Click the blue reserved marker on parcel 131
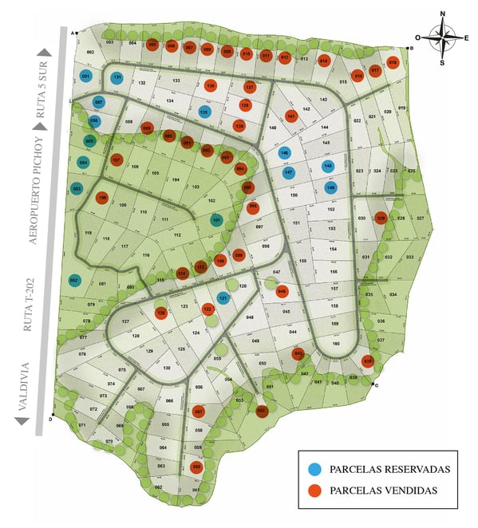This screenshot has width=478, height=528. (117, 77)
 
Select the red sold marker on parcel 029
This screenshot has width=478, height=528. (381, 218)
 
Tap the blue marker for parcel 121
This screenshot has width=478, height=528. (224, 298)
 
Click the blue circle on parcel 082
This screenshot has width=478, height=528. (74, 280)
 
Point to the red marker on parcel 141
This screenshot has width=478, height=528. (291, 116)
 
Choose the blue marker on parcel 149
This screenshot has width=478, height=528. (331, 188)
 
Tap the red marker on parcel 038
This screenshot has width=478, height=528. (367, 361)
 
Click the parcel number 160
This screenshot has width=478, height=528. (335, 343)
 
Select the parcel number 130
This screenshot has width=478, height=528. (167, 368)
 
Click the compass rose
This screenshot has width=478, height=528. (440, 37)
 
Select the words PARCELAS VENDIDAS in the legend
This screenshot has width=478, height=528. (388, 491)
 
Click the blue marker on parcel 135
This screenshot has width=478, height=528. (204, 112)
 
